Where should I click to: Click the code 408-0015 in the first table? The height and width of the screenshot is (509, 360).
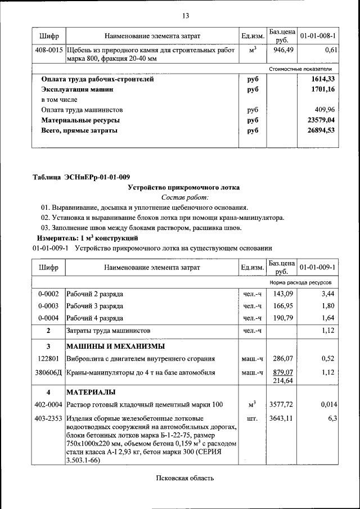[49, 50]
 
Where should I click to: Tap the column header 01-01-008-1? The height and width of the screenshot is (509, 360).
[318, 36]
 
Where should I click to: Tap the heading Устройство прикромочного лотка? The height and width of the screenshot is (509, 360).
[184, 187]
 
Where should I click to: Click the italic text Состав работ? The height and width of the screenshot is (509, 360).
[184, 197]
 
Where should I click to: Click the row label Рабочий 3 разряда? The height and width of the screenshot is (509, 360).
[94, 306]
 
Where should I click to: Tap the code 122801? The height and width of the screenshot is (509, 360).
[48, 358]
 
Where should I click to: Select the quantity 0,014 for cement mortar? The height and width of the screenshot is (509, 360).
[327, 404]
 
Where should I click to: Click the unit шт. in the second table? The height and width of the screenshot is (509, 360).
[252, 418]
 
